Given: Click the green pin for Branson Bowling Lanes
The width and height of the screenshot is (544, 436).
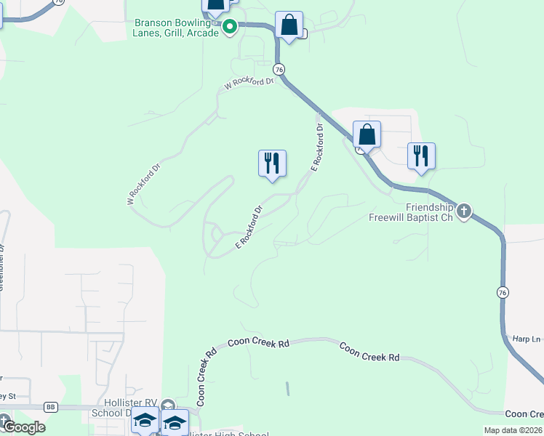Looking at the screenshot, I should point(230,28).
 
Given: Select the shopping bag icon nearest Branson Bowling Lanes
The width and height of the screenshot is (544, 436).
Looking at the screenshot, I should point(289,25).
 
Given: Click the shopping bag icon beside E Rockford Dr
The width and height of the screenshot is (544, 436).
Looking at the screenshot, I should point(367,135).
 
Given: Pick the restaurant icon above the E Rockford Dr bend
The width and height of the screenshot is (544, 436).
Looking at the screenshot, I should point(272,163).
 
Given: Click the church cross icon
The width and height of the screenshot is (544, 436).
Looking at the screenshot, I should point(463,211).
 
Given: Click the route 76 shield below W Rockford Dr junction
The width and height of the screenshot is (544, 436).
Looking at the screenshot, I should point(279,69).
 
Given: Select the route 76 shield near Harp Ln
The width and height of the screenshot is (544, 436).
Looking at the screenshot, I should point(502,292).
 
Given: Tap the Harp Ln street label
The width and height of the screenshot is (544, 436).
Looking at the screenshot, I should point(527,339).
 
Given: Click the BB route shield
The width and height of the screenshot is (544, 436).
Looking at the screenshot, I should point(50,407).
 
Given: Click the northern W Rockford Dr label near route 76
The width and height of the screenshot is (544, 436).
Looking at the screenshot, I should point(249,84).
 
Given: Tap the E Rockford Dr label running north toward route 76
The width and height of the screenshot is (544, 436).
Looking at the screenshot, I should point(316,147).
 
